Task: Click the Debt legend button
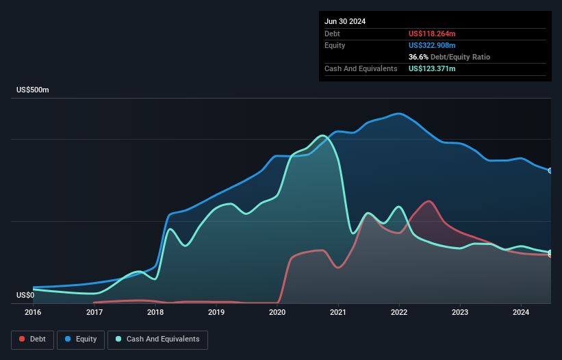32,339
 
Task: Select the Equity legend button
81,339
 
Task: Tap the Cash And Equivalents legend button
157,339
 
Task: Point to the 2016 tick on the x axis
33,313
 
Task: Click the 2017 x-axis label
94,313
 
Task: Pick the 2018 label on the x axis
155,313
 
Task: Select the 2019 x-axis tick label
216,313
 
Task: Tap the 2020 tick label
277,313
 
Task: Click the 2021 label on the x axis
338,313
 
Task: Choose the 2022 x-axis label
399,313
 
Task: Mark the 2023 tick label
460,313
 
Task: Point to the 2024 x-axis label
521,313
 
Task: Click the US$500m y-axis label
34,90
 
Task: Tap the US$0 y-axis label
25,295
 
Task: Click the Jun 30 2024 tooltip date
345,21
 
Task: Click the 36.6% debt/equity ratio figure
418,57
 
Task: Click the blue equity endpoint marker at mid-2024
550,170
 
